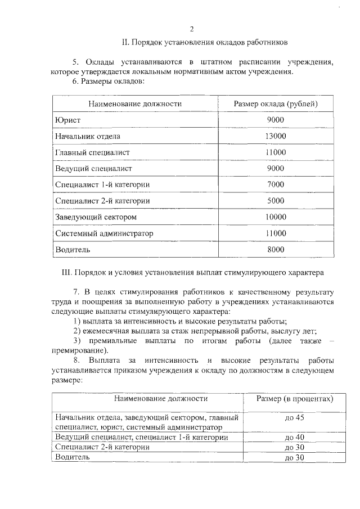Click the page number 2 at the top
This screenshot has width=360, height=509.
pyautogui.click(x=192, y=29)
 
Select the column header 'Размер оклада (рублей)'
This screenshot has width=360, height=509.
pyautogui.click(x=276, y=104)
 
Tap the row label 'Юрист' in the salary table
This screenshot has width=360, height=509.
pyautogui.click(x=67, y=120)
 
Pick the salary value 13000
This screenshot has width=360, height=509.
pyautogui.click(x=276, y=136)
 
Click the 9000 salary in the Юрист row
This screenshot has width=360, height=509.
pyautogui.click(x=276, y=120)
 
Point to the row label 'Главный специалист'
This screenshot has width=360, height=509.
pyautogui.click(x=92, y=152)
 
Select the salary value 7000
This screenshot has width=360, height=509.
pyautogui.click(x=276, y=184)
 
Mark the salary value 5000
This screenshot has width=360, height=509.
pyautogui.click(x=276, y=201)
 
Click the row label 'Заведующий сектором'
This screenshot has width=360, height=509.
pyautogui.click(x=96, y=217)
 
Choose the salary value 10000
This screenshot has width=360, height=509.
pyautogui.click(x=276, y=217)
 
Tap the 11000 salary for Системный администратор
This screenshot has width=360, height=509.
pyautogui.click(x=276, y=233)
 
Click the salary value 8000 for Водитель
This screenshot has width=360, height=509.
pyautogui.click(x=276, y=250)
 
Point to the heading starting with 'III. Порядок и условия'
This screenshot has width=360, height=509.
pyautogui.click(x=192, y=273)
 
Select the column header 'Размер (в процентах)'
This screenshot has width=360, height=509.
pyautogui.click(x=294, y=399)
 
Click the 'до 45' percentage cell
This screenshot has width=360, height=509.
pyautogui.click(x=294, y=418)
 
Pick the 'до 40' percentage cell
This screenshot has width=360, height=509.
pyautogui.click(x=294, y=437)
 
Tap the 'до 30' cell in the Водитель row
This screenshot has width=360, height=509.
pyautogui.click(x=294, y=457)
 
